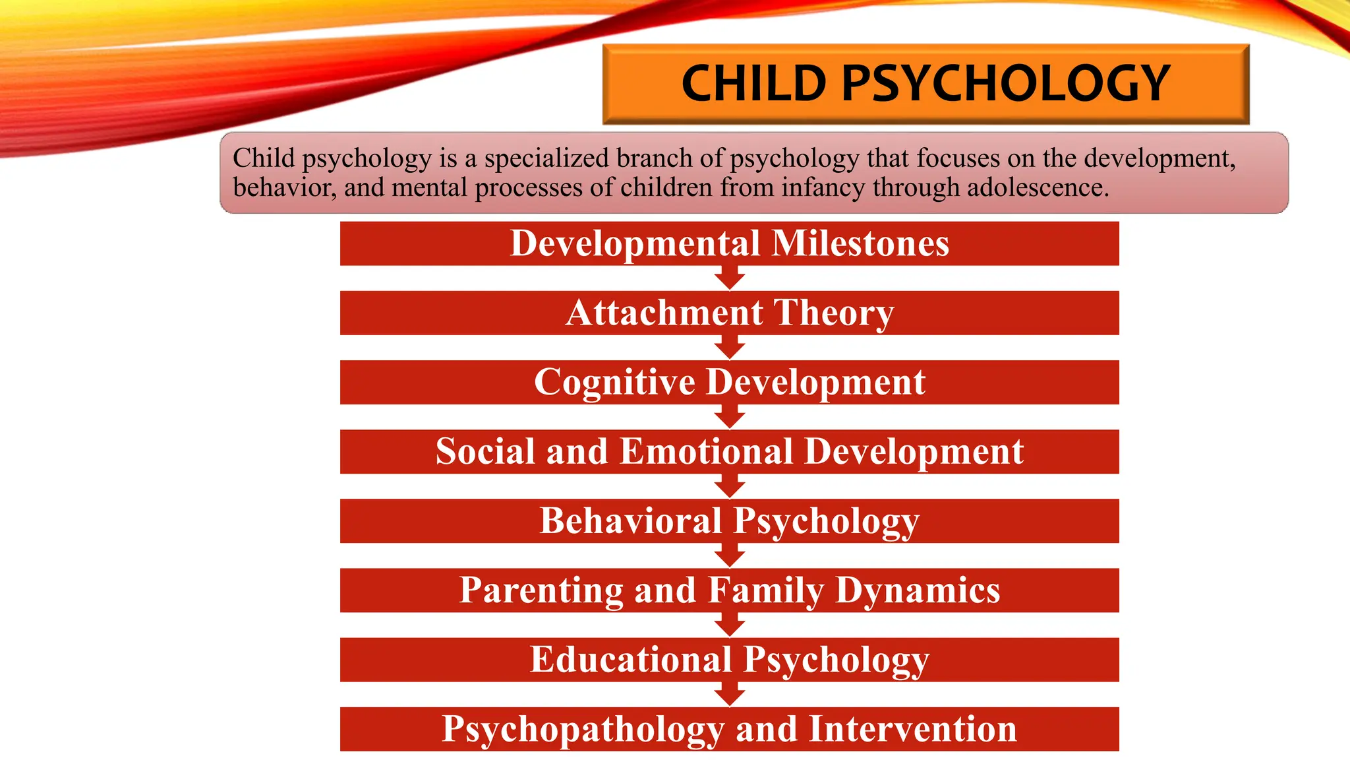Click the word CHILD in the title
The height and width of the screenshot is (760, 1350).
(753, 84)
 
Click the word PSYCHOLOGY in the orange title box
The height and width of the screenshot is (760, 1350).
(1006, 84)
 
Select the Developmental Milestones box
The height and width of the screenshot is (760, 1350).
(729, 243)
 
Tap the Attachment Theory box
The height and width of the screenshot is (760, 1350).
(729, 313)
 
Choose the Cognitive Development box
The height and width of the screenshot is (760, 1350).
(729, 382)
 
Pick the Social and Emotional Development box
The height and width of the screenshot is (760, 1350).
(729, 452)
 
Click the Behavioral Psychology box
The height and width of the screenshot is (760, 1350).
(729, 521)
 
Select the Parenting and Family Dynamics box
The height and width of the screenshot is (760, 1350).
(729, 590)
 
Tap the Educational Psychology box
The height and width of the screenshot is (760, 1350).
(729, 660)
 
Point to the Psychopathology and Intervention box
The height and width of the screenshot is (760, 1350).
(729, 729)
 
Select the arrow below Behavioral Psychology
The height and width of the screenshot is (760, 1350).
(729, 555)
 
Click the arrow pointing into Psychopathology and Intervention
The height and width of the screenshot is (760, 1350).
(729, 695)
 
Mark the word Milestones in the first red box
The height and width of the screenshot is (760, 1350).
(860, 243)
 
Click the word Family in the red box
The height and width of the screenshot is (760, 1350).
(767, 590)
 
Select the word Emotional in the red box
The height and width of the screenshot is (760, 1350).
(707, 452)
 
